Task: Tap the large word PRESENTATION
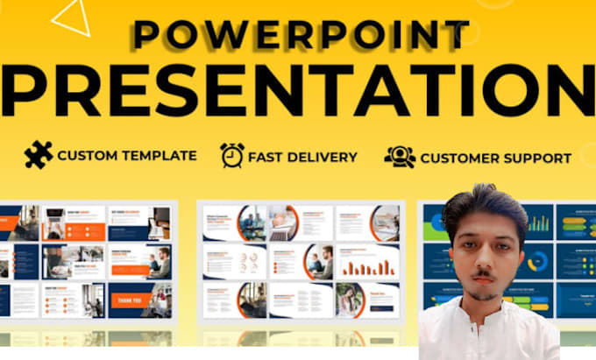click(x=298, y=90)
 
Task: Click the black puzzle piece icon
click(x=38, y=155)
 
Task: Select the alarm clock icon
click(x=232, y=155)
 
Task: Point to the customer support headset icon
click(x=399, y=157)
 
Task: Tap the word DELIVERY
click(x=323, y=157)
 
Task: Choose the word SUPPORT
click(x=533, y=159)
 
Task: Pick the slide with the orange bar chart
click(x=367, y=262)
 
